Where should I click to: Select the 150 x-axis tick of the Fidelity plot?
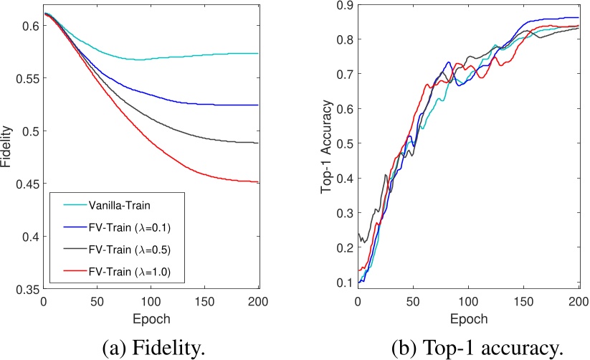coord(204,301)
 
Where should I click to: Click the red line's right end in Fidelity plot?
coord(257,182)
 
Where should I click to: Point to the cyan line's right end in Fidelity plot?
coord(257,53)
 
